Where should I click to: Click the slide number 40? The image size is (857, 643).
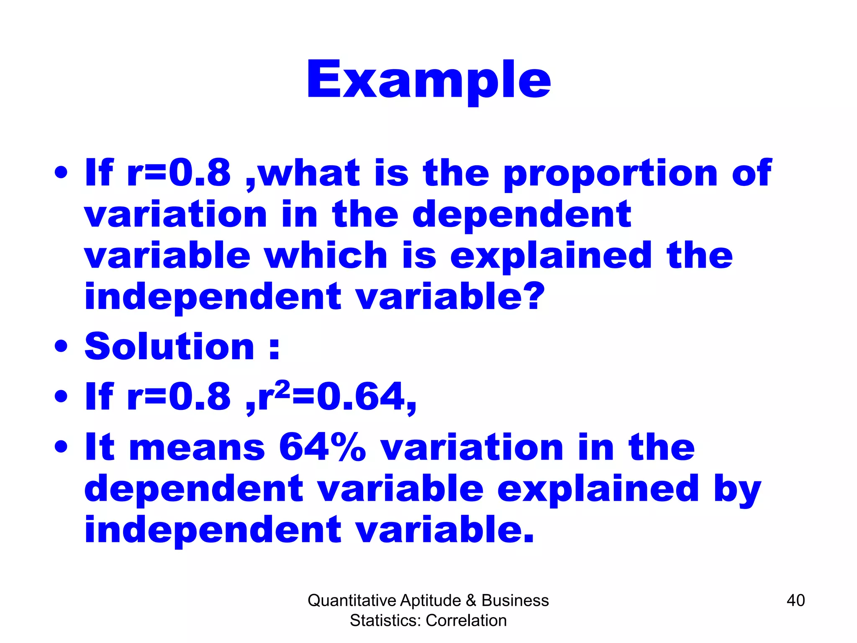pyautogui.click(x=795, y=600)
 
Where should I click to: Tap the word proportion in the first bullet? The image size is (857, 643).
pyautogui.click(x=611, y=174)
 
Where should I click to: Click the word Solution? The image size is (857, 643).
pyautogui.click(x=169, y=347)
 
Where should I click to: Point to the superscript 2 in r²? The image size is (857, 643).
pyautogui.click(x=283, y=388)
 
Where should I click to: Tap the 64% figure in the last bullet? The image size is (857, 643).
pyautogui.click(x=322, y=447)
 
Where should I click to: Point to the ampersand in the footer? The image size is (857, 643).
pyautogui.click(x=471, y=601)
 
